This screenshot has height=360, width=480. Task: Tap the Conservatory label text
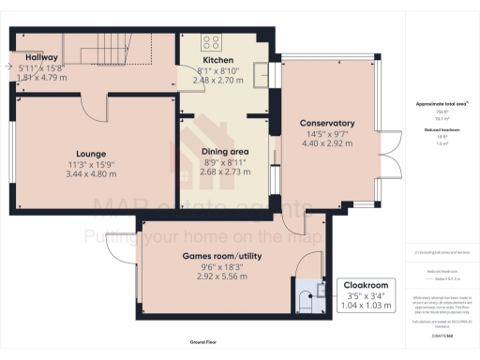coord(326,123)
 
